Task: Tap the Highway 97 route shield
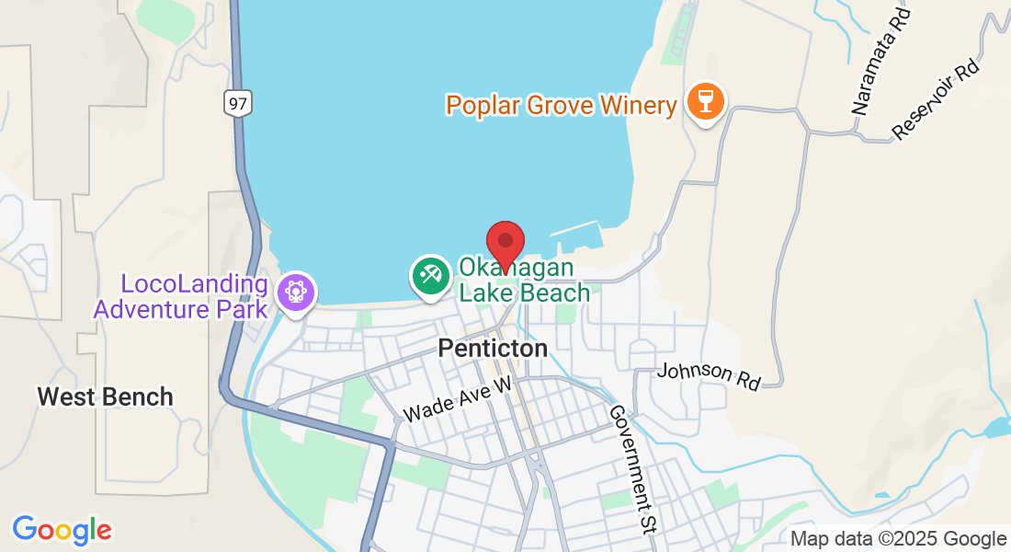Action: pyautogui.click(x=237, y=103)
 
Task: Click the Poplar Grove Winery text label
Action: pyautogui.click(x=561, y=105)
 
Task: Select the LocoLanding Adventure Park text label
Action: pyautogui.click(x=181, y=296)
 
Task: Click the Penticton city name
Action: pyautogui.click(x=493, y=349)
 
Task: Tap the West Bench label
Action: pyautogui.click(x=105, y=397)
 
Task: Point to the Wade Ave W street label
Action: pyautogui.click(x=456, y=400)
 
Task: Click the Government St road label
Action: pyautogui.click(x=630, y=470)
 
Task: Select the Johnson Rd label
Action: pyautogui.click(x=709, y=374)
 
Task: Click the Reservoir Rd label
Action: pyautogui.click(x=937, y=99)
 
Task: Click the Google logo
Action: pyautogui.click(x=62, y=530)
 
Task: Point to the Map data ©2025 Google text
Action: pyautogui.click(x=899, y=539)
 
